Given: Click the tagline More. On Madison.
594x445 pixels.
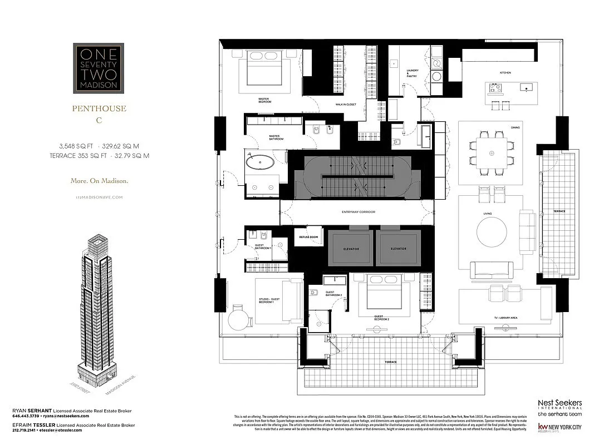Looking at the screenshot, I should click(x=99, y=181).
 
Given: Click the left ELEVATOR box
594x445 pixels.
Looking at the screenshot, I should click(x=350, y=249).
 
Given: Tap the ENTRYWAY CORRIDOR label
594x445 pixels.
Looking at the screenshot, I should click(x=358, y=212).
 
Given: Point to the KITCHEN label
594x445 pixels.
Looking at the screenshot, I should click(x=504, y=73).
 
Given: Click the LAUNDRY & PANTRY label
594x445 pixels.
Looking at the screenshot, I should click(x=412, y=73).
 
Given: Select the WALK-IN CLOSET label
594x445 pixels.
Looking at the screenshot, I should click(x=345, y=104).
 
